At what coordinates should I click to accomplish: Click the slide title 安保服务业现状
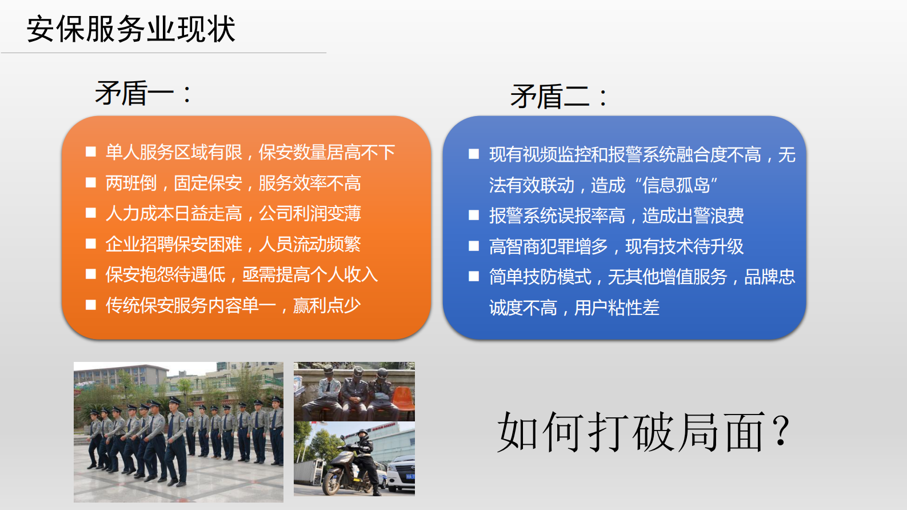131,29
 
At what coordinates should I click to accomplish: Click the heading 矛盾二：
558,96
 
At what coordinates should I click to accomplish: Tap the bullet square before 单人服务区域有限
90,152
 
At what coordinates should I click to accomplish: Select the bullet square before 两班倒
90,182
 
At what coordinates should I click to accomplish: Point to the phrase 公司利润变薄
310,213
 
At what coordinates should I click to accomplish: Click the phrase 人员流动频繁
310,244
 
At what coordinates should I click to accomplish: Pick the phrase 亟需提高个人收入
310,274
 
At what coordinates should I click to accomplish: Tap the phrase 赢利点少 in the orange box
326,305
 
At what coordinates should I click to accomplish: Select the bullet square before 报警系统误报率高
473,215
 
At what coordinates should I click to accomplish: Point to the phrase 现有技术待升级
684,246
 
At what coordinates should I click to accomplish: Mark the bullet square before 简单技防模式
473,277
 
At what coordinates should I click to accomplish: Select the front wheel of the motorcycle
332,483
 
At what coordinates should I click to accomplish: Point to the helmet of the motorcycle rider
363,433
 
